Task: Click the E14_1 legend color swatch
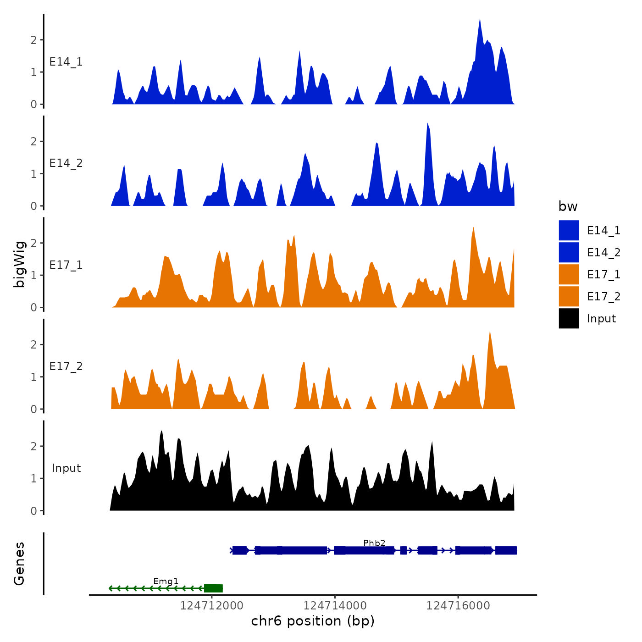click(569, 230)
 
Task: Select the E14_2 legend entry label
click(603, 253)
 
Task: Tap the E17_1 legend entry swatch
click(569, 274)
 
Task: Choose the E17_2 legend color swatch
click(569, 296)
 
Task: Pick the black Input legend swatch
click(569, 318)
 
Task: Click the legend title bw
click(568, 207)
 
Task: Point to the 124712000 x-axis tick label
click(211, 606)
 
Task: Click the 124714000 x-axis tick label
click(335, 606)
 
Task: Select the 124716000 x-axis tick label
click(458, 606)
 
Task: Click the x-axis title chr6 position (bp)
click(313, 621)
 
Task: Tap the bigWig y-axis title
click(19, 264)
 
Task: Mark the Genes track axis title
click(19, 564)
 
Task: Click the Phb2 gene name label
click(374, 543)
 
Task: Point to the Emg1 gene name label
click(166, 581)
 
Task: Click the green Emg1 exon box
click(213, 588)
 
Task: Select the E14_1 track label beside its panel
click(66, 62)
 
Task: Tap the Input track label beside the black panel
click(66, 468)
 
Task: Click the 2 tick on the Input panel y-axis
click(33, 446)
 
